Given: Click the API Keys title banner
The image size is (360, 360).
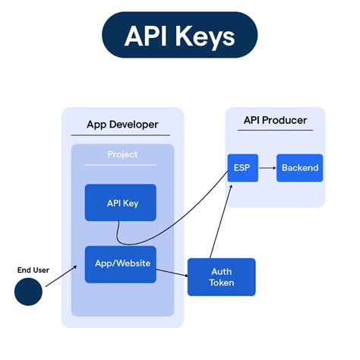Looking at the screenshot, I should coord(180,36).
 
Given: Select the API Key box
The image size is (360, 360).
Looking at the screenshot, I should coord(121,203).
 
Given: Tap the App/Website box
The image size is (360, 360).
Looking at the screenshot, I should coord(121,264).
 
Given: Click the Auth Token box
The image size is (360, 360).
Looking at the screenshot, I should coord(221,277).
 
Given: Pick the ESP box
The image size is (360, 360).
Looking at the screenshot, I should coord(242,167).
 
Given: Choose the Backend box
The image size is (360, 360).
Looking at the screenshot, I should coord(299,167).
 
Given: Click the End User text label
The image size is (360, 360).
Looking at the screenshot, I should coord(33,270).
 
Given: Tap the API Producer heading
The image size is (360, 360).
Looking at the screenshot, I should coord(275,120).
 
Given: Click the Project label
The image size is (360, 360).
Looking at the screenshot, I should coord(122,154).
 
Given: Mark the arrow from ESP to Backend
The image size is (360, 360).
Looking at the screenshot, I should coord(267,167).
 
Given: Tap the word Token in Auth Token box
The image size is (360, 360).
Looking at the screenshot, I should coord(221,283).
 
